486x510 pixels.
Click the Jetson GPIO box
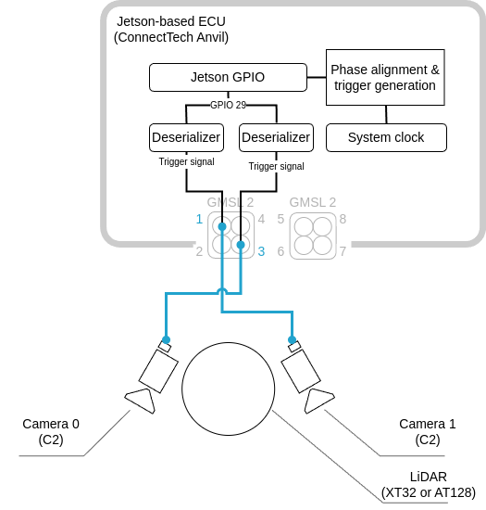click(228, 77)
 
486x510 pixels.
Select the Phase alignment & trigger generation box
click(385, 77)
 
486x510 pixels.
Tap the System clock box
click(385, 137)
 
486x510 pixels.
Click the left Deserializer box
click(185, 137)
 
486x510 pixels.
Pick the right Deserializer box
click(275, 137)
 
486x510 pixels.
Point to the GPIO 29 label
click(228, 105)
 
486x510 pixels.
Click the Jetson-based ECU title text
click(171, 29)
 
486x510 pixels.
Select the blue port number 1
click(199, 220)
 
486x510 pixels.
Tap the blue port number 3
click(262, 251)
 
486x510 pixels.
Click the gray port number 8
click(343, 220)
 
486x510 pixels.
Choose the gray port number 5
click(280, 220)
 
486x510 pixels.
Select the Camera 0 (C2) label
click(51, 431)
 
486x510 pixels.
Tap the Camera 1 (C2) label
click(427, 431)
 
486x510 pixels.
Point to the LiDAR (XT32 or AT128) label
click(429, 484)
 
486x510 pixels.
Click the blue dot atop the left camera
click(166, 339)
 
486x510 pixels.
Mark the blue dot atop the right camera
click(292, 339)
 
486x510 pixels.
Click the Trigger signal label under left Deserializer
click(186, 161)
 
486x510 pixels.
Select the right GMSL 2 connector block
click(312, 236)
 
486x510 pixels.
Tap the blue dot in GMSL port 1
click(222, 226)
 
